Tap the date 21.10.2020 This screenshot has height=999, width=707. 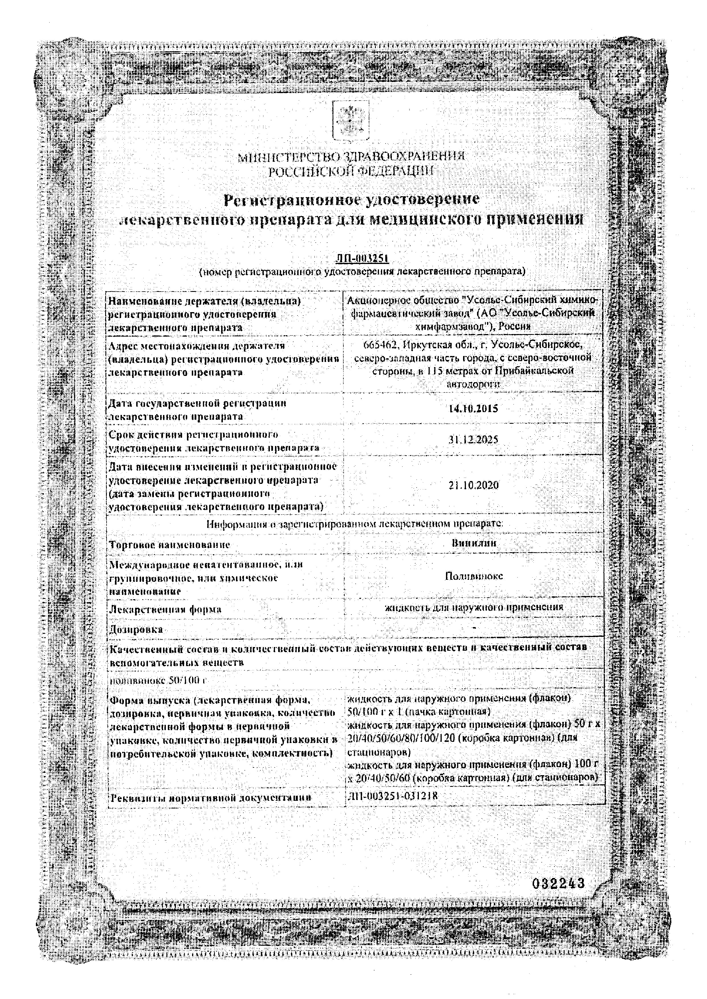pyautogui.click(x=473, y=485)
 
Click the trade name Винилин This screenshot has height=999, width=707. pyautogui.click(x=474, y=543)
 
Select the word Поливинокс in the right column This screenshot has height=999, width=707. pyautogui.click(x=474, y=576)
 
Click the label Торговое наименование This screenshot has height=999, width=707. pyautogui.click(x=169, y=544)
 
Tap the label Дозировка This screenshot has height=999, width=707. pyautogui.click(x=136, y=630)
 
